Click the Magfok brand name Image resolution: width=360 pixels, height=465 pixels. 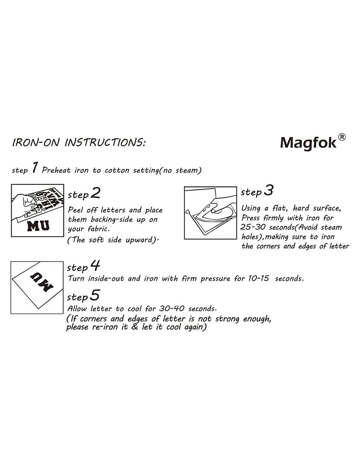(x=308, y=143)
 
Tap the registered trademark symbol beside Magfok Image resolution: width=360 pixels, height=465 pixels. (x=342, y=137)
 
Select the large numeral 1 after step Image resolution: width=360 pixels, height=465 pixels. (x=35, y=167)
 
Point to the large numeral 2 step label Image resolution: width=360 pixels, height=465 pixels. (x=95, y=193)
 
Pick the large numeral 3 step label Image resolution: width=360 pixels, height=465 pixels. (x=268, y=190)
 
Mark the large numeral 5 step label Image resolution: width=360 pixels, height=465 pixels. (x=95, y=295)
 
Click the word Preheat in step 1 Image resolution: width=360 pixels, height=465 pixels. (x=56, y=170)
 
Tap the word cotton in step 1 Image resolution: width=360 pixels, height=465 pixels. (x=117, y=171)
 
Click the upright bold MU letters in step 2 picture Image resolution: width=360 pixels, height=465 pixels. (x=39, y=226)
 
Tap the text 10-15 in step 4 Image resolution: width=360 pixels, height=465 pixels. (x=258, y=278)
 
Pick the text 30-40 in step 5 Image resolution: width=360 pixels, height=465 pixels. (x=171, y=308)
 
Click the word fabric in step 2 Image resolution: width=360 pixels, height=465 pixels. (x=99, y=229)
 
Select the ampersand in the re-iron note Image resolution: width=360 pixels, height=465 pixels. (x=135, y=327)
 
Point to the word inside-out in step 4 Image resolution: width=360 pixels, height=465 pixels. (x=106, y=278)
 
